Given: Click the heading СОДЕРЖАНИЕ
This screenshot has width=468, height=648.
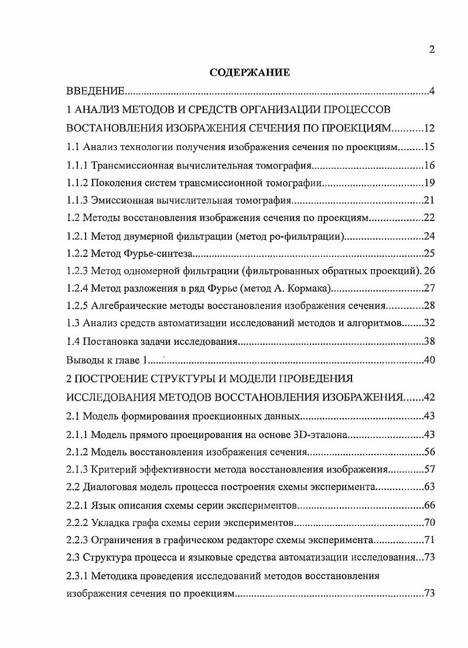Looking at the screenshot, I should [250, 73].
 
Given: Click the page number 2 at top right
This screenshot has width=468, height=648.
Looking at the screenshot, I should [431, 49].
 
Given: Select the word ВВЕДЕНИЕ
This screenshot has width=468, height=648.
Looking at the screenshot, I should [95, 91].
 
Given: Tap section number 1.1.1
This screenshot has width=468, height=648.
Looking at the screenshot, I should [77, 165].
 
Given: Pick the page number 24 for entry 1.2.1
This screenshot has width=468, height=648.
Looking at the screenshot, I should [428, 237].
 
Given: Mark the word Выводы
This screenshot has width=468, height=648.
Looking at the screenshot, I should [83, 359].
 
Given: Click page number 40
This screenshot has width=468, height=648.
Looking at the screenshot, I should [428, 359].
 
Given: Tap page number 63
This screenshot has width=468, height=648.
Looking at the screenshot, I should [428, 487].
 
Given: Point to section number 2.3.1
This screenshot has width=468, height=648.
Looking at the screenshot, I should [77, 576].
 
